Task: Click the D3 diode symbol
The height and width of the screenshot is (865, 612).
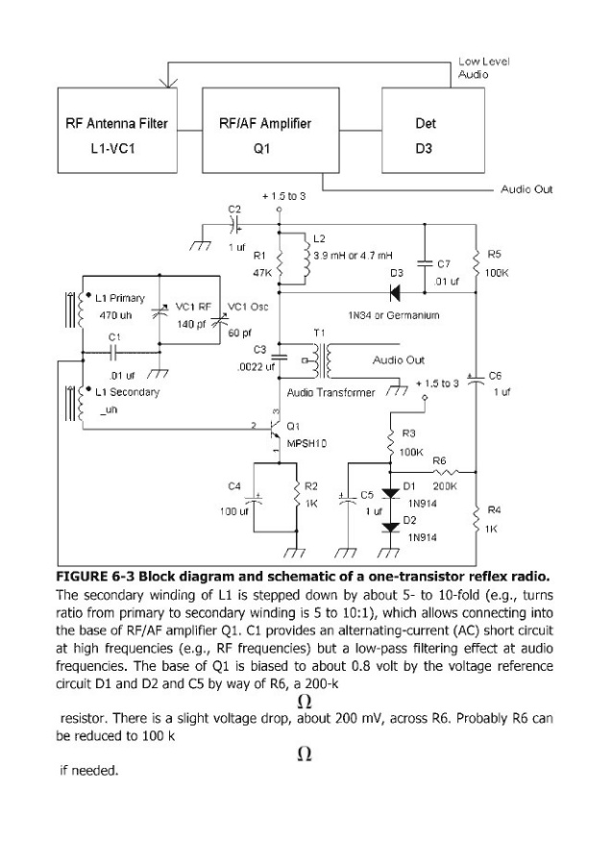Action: pos(395,291)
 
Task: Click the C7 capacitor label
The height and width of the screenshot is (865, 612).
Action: pos(443,262)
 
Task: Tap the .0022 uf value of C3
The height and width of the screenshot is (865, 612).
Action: pos(256,366)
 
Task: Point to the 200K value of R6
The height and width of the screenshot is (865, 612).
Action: pos(445,486)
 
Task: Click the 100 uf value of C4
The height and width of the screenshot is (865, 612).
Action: pos(234,511)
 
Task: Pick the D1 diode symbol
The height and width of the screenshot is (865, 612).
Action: pos(390,493)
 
